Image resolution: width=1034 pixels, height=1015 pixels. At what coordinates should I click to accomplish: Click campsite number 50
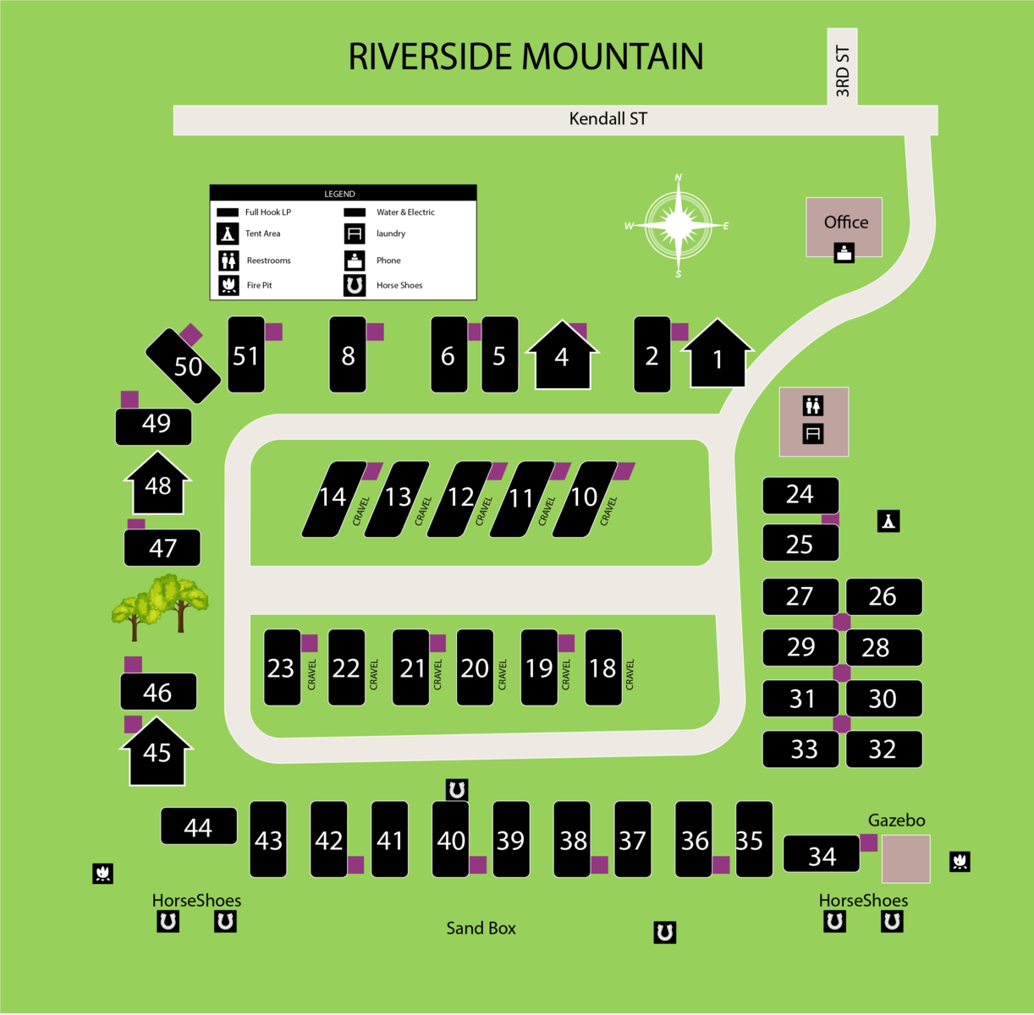click(184, 365)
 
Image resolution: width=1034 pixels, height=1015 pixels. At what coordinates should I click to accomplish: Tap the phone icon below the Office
click(844, 252)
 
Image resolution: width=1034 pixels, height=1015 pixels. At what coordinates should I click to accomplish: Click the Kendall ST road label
click(608, 119)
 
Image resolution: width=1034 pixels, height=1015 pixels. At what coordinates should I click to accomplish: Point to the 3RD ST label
click(842, 71)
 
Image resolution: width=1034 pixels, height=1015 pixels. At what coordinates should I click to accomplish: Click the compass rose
click(678, 226)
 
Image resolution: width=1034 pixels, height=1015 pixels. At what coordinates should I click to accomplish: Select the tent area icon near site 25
click(888, 521)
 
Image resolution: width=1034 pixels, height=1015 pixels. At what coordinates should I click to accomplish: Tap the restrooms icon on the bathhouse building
click(813, 406)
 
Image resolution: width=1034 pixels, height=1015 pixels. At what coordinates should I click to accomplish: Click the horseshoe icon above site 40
click(457, 790)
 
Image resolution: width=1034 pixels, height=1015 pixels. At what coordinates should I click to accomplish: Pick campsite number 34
click(822, 855)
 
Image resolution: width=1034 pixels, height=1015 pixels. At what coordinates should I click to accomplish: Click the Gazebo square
click(905, 859)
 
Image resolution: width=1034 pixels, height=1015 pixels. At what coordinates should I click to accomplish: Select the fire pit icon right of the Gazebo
click(960, 862)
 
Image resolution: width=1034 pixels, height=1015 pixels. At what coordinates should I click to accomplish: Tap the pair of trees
click(159, 604)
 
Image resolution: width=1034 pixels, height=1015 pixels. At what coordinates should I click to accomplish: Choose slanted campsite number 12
click(460, 498)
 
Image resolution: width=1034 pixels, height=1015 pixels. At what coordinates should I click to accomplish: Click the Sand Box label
click(481, 929)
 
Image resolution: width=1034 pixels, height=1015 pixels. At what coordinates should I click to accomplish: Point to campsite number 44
click(198, 826)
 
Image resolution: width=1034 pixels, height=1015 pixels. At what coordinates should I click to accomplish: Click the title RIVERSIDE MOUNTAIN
click(525, 58)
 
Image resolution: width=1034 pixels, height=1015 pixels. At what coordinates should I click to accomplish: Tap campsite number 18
click(602, 668)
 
